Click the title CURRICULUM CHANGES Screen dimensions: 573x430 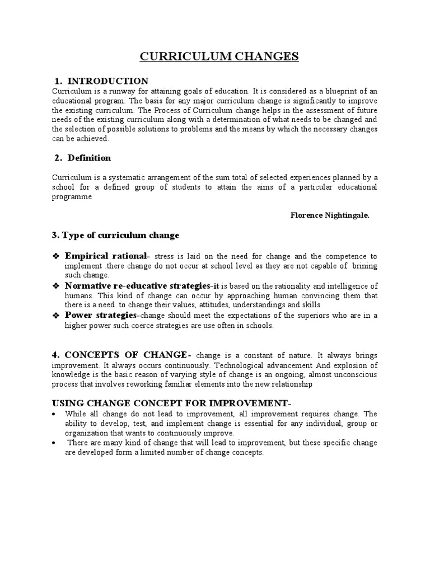point(219,57)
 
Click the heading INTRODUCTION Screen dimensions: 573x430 point(107,81)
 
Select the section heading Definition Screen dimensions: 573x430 point(90,158)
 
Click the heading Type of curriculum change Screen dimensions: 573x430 point(120,235)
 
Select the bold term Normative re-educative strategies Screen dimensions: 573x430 point(132,286)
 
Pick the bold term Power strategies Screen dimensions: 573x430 point(101,316)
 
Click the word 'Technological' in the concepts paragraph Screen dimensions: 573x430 point(240,365)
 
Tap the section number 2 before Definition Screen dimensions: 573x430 point(58,158)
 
